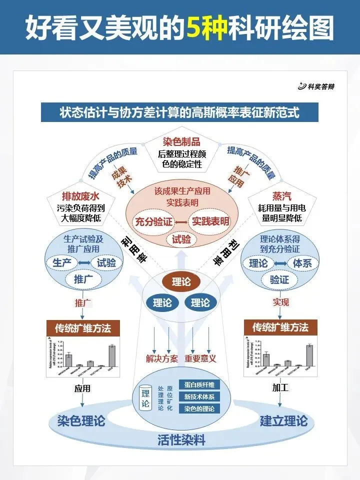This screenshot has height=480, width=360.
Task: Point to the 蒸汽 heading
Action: [x=281, y=195]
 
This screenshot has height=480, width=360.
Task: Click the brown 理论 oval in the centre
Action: [x=181, y=282]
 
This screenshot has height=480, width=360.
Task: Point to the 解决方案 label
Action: [x=161, y=358]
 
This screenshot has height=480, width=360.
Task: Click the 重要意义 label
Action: [x=200, y=358]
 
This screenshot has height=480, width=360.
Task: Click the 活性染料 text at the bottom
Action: [x=182, y=440]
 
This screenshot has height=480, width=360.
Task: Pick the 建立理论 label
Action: [x=283, y=421]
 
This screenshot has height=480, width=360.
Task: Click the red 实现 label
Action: [x=280, y=302]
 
